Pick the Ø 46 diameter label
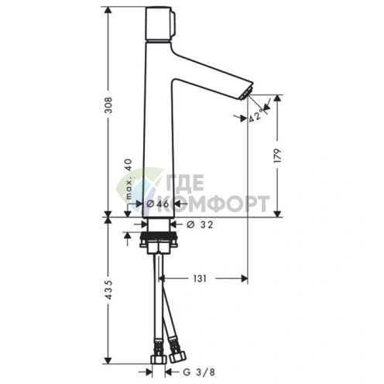(x=158, y=204)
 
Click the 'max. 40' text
(x=130, y=182)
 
